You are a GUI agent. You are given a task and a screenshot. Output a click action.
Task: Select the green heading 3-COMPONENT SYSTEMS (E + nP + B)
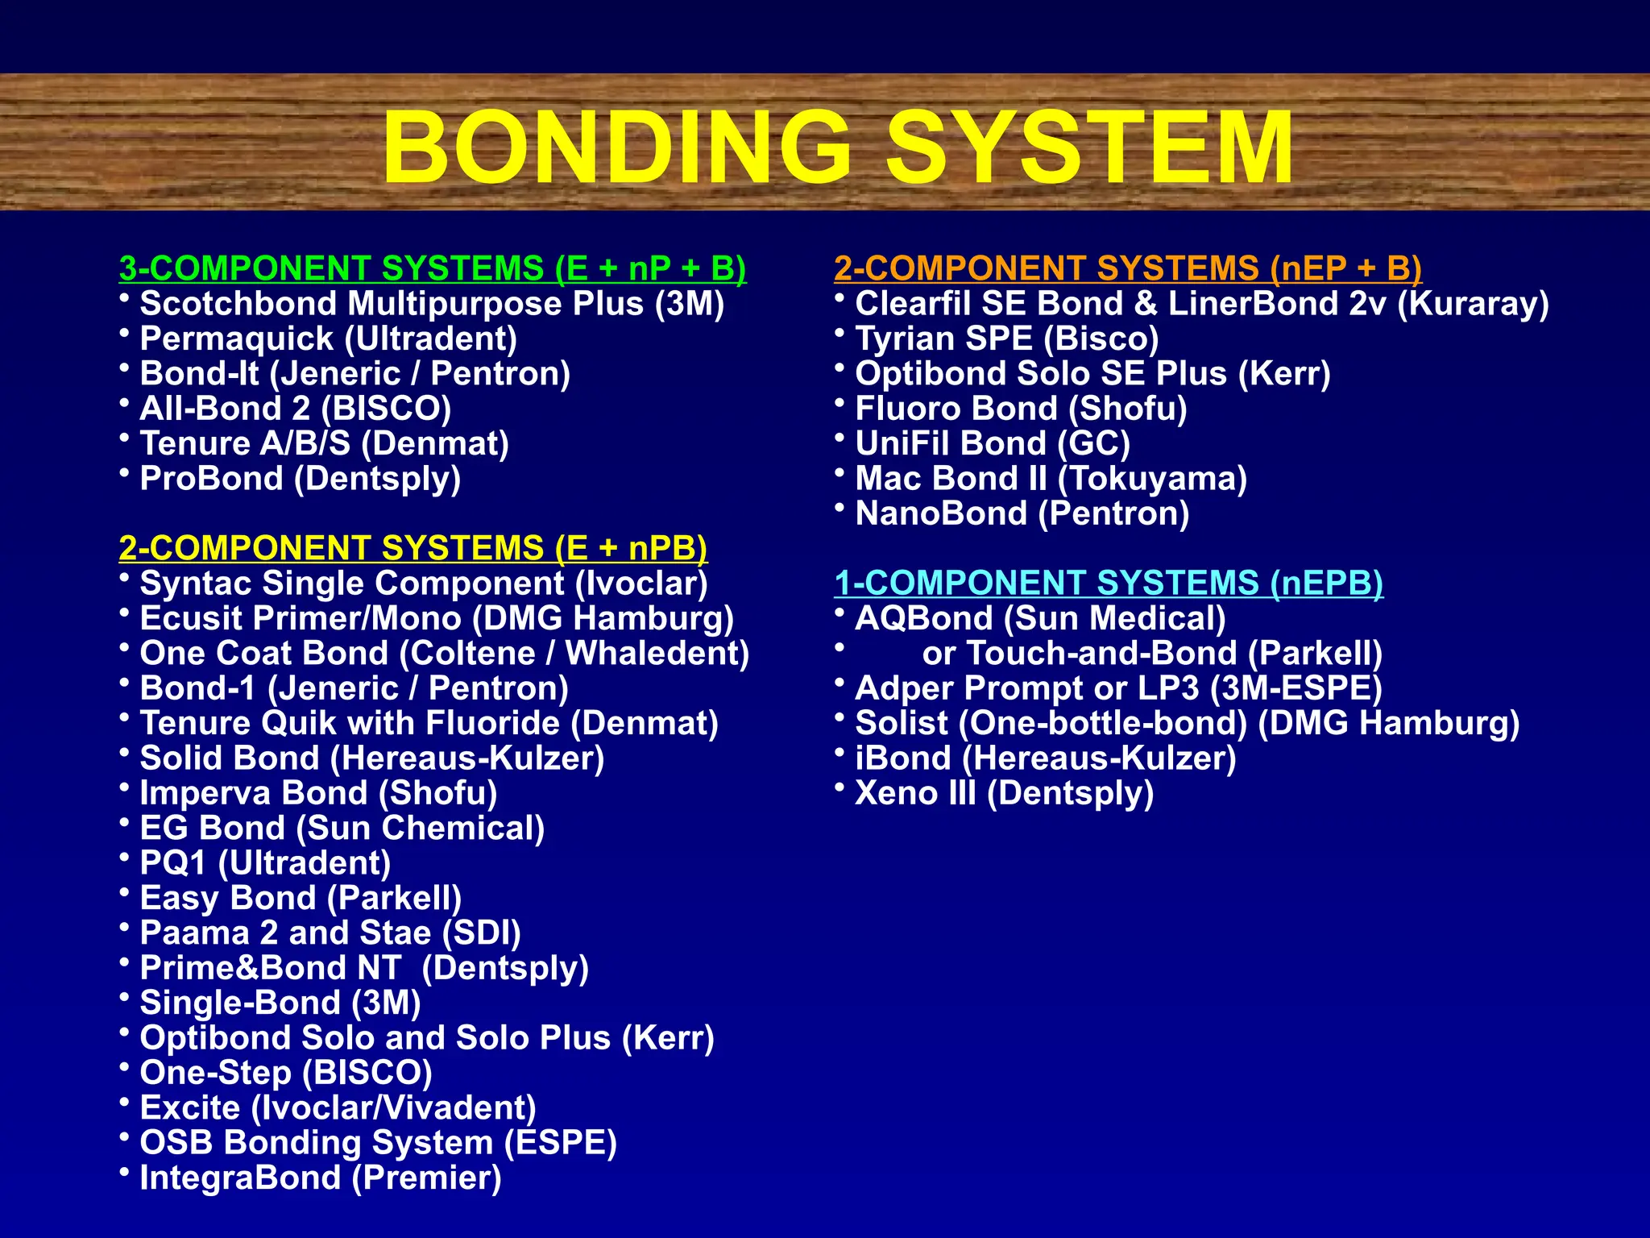(433, 268)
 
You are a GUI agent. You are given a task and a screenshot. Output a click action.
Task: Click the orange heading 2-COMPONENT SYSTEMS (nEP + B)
(1128, 268)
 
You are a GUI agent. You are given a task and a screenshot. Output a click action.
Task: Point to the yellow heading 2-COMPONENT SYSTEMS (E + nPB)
(412, 548)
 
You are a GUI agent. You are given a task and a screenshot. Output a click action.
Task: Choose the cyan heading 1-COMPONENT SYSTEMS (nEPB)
(1109, 583)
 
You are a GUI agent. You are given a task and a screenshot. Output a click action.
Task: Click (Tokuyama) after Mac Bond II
(1152, 479)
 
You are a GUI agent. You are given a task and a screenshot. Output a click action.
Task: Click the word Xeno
(895, 794)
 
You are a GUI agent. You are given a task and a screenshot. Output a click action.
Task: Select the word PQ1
(173, 863)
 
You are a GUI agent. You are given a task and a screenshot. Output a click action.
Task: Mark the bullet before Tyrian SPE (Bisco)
(840, 332)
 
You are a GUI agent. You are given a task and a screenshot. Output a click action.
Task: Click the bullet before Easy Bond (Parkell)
(124, 891)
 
